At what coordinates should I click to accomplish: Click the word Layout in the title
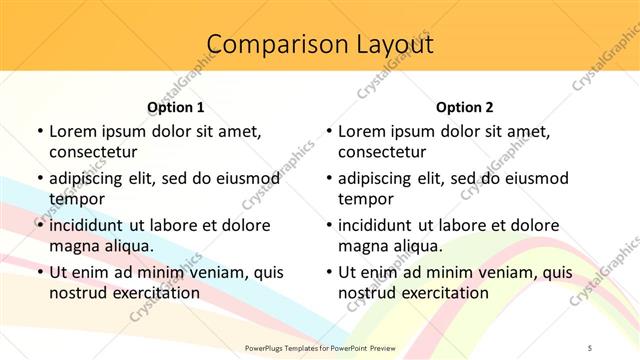388,45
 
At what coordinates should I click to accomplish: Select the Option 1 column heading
176,107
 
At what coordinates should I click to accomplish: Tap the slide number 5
590,348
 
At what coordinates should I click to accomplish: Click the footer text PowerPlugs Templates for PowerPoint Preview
319,348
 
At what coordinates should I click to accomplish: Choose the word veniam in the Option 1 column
207,272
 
